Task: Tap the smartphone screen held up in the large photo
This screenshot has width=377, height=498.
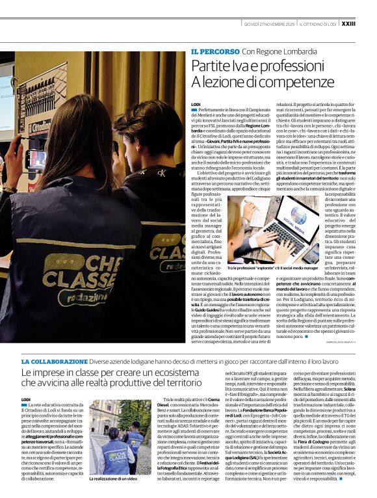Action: coord(36,159)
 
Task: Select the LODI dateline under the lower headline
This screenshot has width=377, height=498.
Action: coord(26,399)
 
